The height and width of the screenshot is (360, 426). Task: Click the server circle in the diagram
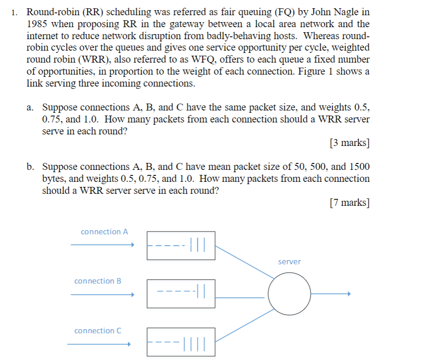290,294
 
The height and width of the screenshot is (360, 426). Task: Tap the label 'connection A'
104,232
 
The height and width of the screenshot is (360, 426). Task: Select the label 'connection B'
98,281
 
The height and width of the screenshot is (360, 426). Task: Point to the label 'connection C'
98,331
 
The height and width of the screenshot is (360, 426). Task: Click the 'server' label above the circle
289,261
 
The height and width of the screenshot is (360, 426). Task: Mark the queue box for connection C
181,342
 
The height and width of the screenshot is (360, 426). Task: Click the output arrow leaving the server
331,294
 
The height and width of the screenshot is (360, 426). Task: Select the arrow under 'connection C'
99,344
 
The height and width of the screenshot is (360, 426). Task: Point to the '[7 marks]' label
350,202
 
